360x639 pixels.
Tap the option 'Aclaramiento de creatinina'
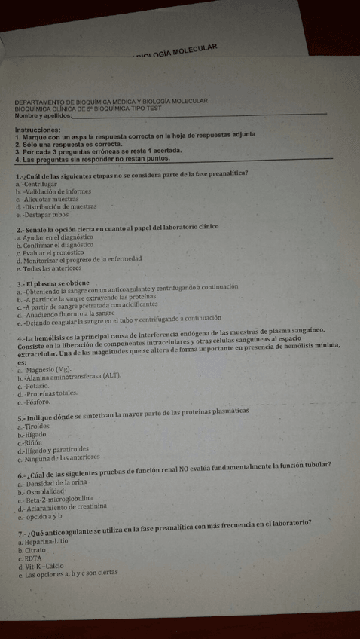66,507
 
